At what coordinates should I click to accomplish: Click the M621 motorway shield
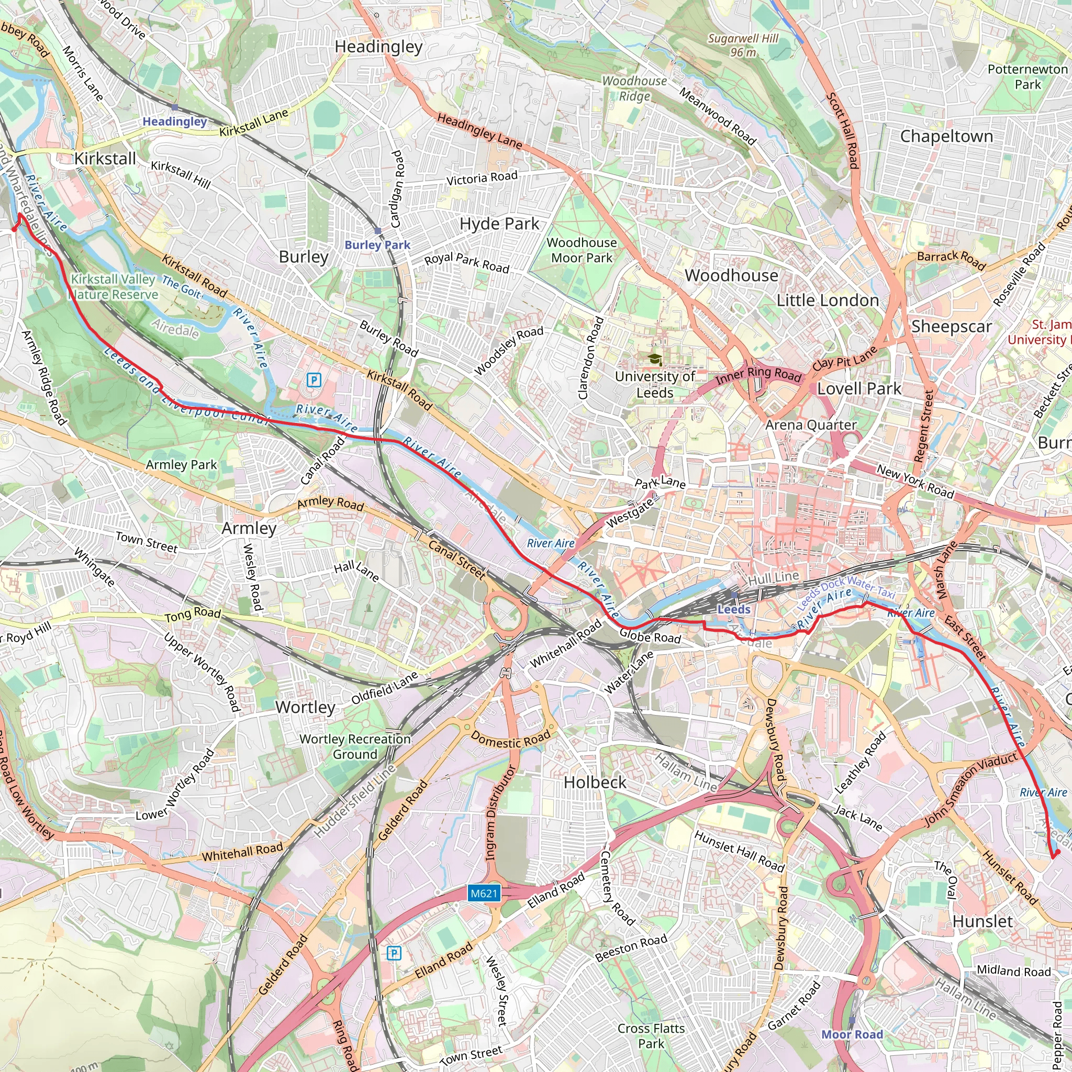point(484,894)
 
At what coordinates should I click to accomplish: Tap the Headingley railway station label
point(174,121)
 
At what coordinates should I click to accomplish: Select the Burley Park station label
point(377,244)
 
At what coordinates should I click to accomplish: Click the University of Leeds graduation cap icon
point(655,360)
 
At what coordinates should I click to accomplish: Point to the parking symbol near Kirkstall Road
point(314,380)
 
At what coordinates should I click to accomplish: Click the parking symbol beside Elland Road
point(394,953)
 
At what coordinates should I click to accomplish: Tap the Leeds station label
point(733,609)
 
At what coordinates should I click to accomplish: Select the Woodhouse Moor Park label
point(582,250)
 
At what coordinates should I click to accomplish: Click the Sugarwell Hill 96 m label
point(743,46)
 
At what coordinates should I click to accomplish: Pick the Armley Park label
point(181,465)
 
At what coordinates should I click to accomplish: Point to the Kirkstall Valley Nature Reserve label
point(113,287)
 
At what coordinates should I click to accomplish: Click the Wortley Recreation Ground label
point(355,746)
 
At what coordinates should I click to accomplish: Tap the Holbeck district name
point(595,783)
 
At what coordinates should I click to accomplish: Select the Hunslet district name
point(982,922)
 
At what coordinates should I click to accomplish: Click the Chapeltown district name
point(946,137)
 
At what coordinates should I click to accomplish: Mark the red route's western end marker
point(15,229)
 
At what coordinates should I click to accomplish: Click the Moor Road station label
point(852,1034)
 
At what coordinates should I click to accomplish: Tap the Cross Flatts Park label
point(651,1036)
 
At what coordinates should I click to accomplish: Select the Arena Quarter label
point(811,425)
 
